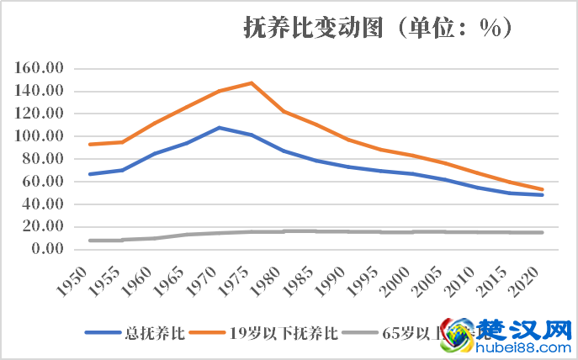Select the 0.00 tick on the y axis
coord(47,249)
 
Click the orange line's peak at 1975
coord(252,82)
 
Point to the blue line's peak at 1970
coord(219,128)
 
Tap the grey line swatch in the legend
coord(363,332)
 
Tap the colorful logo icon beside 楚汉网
coord(458,333)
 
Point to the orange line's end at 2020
coord(543,189)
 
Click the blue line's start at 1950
coord(89,174)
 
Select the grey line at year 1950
coord(89,241)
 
